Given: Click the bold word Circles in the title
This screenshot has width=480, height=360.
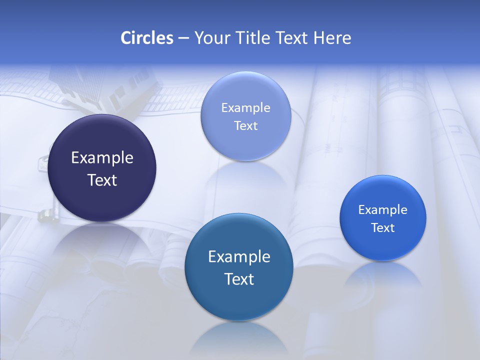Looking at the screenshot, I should click(x=147, y=38).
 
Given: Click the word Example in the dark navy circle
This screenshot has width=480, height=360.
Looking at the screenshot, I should click(x=102, y=158).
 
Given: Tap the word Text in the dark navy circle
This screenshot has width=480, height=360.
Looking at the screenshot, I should click(x=102, y=180).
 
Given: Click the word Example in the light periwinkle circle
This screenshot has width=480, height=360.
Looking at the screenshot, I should click(x=245, y=108).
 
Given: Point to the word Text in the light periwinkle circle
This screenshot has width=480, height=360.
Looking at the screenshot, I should click(x=245, y=126).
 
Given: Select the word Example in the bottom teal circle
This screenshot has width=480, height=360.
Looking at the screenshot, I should click(x=239, y=257).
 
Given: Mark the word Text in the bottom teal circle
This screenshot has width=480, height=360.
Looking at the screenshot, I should click(x=239, y=279).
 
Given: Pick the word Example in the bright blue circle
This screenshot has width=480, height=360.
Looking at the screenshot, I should click(x=383, y=210).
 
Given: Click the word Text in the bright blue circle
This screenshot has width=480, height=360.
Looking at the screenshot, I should click(x=383, y=228).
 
